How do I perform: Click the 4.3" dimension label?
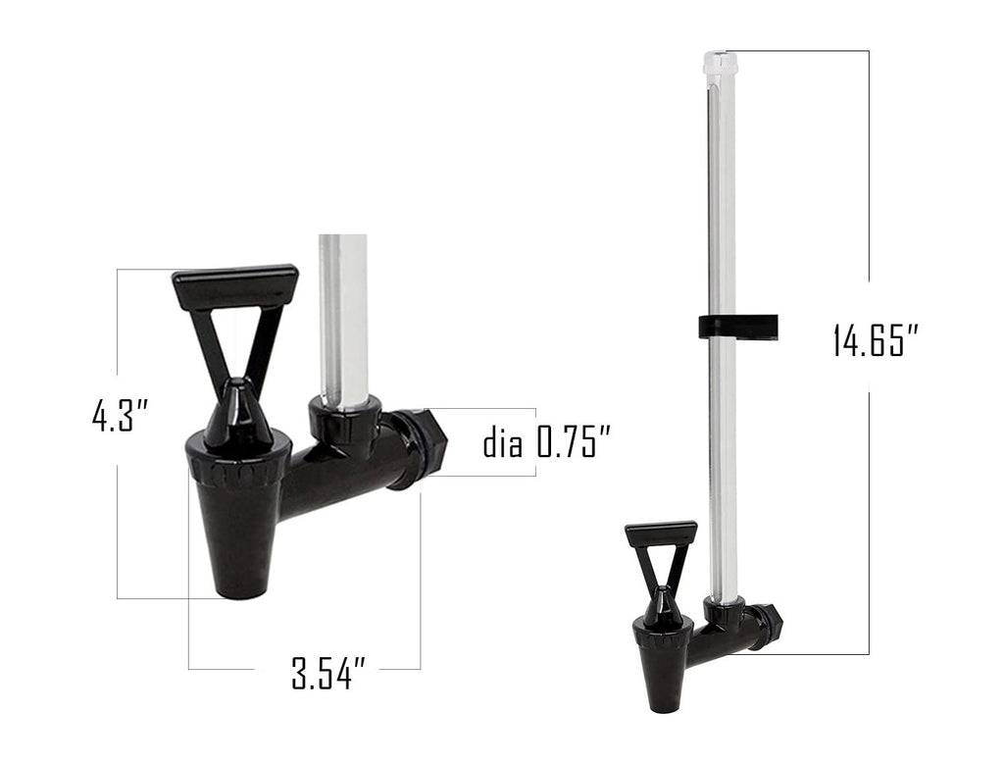pyautogui.click(x=120, y=416)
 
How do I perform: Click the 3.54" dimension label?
pyautogui.click(x=328, y=675)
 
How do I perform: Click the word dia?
pyautogui.click(x=505, y=444)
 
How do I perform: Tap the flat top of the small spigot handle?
pyautogui.click(x=661, y=533)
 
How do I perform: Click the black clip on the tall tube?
pyautogui.click(x=737, y=327)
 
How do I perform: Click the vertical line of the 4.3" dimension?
pyautogui.click(x=118, y=530)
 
